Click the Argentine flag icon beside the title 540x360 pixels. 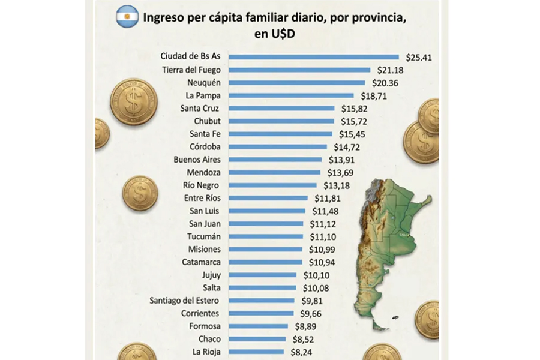[127, 16]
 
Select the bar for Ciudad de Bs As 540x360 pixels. [314, 57]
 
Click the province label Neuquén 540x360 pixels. [204, 83]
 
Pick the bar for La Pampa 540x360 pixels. [292, 95]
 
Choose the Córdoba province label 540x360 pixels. [205, 146]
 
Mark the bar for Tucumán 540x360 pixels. [266, 236]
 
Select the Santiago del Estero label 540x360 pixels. [185, 300]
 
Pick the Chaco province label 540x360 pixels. [208, 338]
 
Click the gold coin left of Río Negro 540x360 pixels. [140, 193]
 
